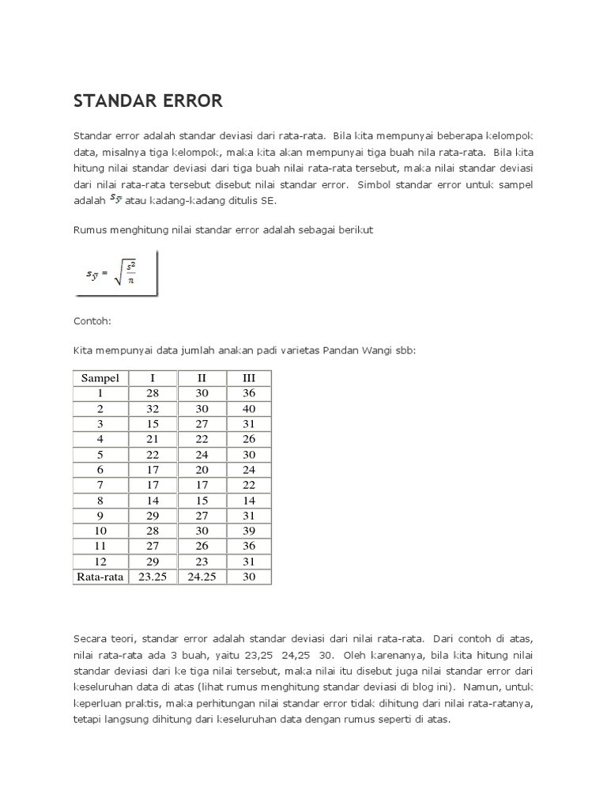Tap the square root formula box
[x=116, y=274]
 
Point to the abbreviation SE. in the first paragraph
[x=268, y=201]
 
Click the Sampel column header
[x=100, y=378]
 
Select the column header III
[x=249, y=378]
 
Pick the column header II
[x=202, y=378]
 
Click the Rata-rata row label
[x=100, y=577]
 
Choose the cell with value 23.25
[x=153, y=577]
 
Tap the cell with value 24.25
[x=202, y=577]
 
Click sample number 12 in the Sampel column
[x=100, y=561]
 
